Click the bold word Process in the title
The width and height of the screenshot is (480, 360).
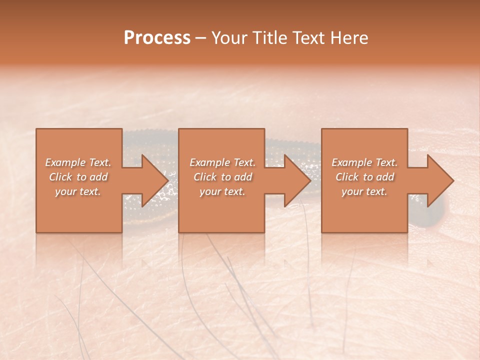[157, 38]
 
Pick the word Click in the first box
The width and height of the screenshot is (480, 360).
[61, 177]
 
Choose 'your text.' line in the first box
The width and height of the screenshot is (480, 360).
[78, 191]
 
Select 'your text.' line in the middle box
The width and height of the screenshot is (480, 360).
[222, 191]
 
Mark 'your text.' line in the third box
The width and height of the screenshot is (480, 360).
[364, 191]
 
